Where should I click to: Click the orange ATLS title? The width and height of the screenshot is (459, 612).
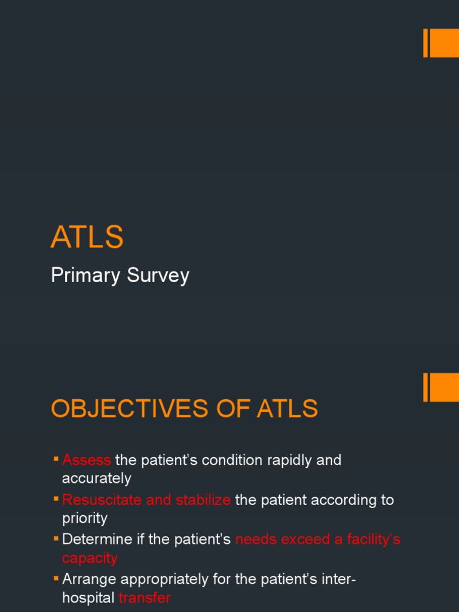point(87,237)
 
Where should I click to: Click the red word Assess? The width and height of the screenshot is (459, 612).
point(87,460)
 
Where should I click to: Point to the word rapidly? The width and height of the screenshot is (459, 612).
point(280,460)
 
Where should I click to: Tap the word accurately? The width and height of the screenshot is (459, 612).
point(96,478)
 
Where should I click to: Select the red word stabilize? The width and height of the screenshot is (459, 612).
point(203,500)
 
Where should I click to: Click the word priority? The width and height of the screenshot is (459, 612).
point(85,518)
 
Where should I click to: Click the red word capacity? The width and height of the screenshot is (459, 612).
point(90,558)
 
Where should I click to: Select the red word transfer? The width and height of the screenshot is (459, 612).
point(145,598)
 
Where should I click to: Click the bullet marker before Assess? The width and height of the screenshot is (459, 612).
point(56,459)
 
